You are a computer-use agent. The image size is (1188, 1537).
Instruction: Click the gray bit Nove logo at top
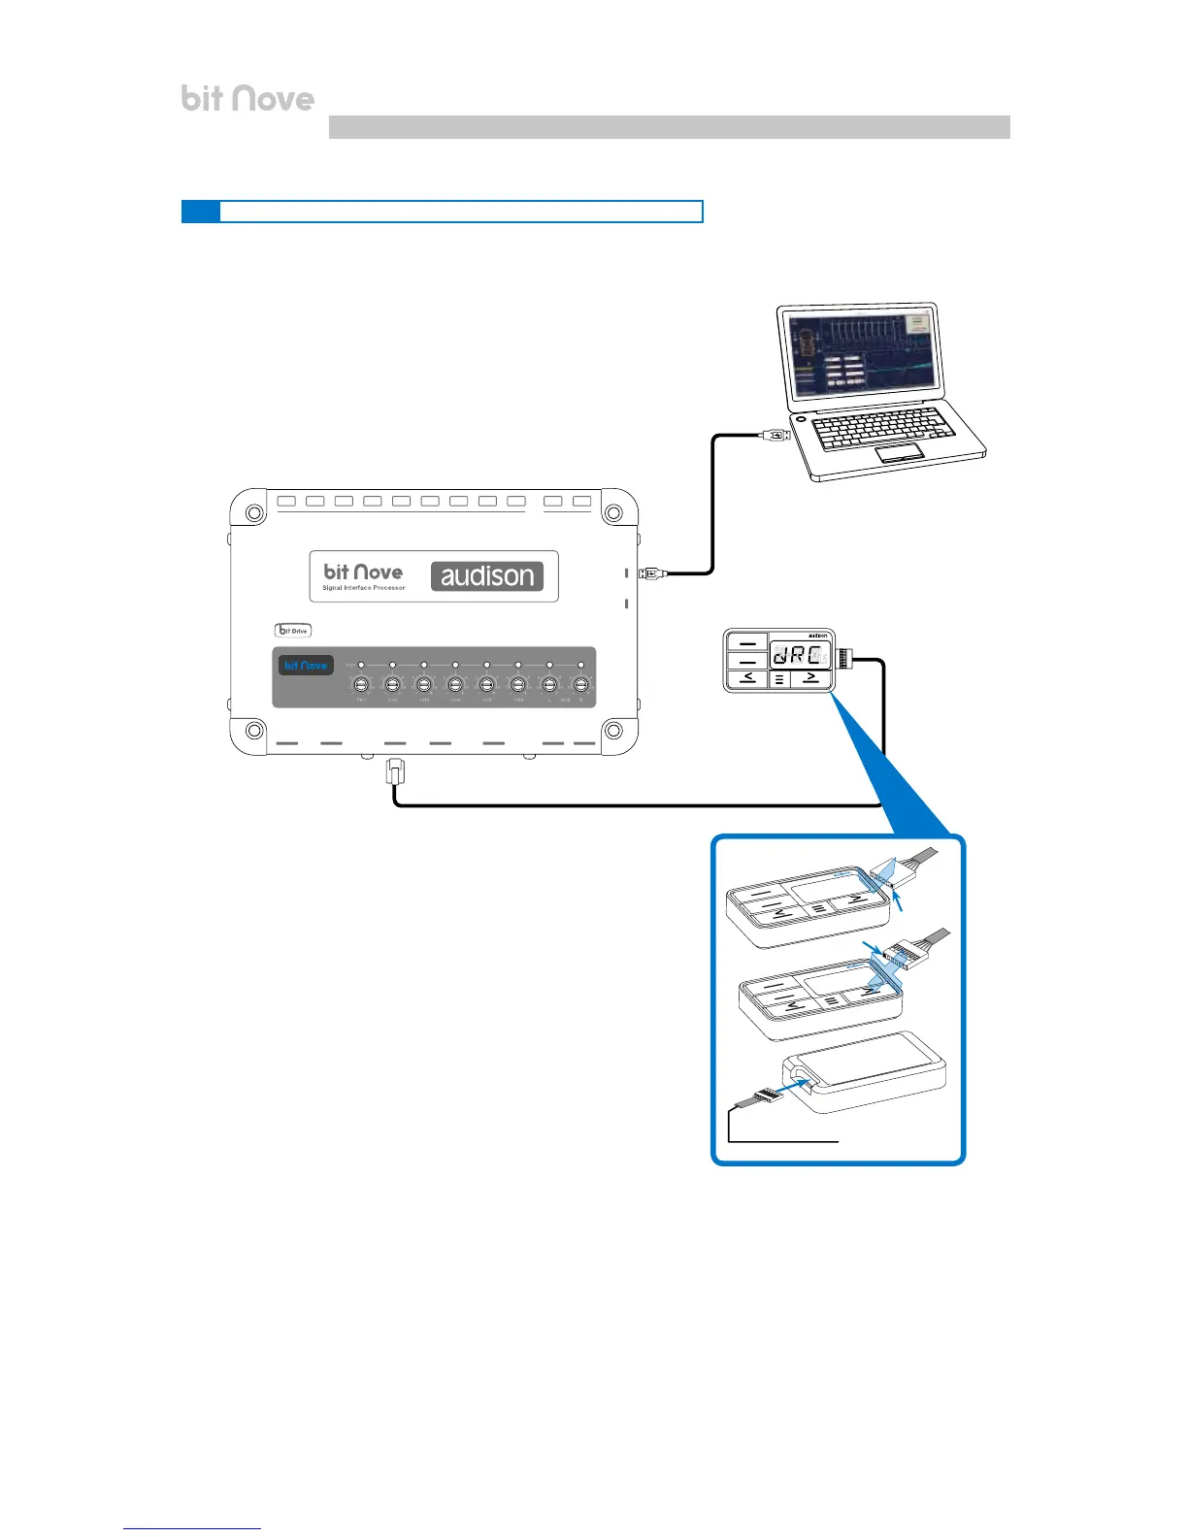click(x=247, y=98)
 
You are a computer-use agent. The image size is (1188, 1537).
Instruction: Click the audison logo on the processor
click(x=487, y=576)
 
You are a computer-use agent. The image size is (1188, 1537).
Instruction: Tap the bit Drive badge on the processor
click(x=293, y=631)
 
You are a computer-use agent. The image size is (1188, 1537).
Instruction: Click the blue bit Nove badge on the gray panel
click(x=306, y=666)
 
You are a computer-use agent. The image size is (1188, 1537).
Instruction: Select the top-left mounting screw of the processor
click(x=252, y=513)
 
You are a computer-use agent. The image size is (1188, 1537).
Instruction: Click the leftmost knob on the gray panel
click(x=361, y=685)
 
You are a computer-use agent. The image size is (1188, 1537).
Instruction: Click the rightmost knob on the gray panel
click(x=580, y=685)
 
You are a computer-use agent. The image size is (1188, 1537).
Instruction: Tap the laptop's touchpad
click(x=899, y=454)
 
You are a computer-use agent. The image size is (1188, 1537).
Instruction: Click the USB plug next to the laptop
click(x=775, y=436)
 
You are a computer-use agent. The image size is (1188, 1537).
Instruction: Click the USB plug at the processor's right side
click(x=651, y=573)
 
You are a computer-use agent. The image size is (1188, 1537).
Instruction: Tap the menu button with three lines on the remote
click(x=779, y=679)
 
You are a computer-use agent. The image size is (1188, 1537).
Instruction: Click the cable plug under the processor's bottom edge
click(x=395, y=772)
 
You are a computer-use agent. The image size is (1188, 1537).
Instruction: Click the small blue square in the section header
click(x=201, y=212)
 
